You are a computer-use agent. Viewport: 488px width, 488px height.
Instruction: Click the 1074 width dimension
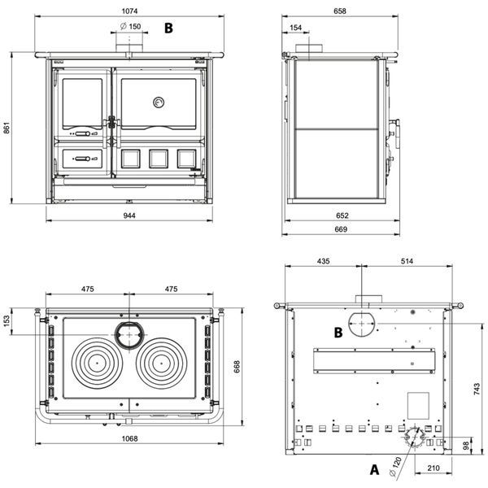[129, 11]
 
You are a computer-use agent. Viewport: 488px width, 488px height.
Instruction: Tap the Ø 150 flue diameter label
[131, 27]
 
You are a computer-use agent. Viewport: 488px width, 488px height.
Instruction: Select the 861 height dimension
[7, 128]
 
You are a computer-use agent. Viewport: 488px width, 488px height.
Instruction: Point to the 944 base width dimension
[129, 216]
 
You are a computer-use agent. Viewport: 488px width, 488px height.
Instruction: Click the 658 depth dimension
[339, 11]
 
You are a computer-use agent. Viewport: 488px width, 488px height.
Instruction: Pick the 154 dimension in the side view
[296, 28]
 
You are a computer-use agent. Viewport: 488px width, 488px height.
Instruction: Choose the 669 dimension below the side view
[341, 229]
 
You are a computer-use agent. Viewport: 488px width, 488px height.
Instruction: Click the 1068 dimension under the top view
[129, 438]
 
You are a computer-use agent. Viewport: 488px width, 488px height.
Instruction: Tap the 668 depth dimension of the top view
[237, 367]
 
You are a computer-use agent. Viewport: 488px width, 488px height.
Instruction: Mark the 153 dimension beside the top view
[7, 321]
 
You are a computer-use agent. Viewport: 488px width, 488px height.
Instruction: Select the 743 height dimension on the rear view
[477, 390]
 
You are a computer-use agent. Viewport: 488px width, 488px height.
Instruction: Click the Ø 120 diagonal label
[396, 467]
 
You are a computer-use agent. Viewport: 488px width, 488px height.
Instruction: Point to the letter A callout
[374, 469]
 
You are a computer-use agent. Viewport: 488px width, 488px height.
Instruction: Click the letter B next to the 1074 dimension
[168, 28]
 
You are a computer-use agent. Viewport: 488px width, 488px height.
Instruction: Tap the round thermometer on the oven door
[159, 102]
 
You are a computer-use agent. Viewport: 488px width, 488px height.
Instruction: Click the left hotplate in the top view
[97, 364]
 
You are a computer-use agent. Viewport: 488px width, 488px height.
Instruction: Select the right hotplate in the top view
[162, 364]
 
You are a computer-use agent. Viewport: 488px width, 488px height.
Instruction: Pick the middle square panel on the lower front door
[159, 159]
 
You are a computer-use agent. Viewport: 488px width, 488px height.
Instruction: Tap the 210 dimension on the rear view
[434, 468]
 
